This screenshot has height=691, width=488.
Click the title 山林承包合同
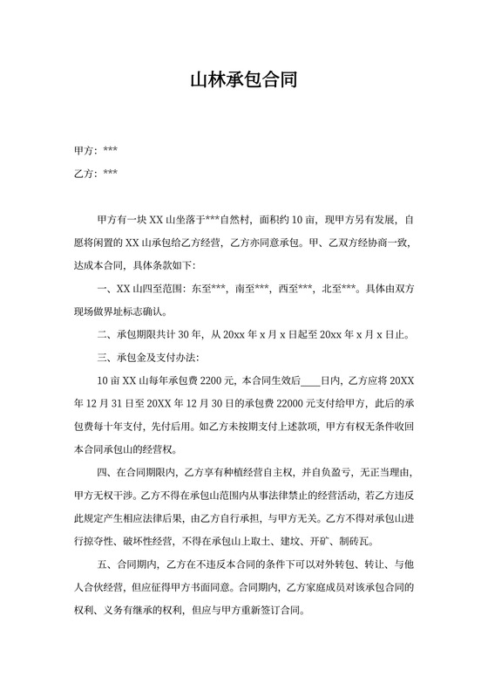[244, 81]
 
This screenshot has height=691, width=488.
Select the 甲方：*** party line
[96, 150]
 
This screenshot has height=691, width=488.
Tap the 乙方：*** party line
[96, 173]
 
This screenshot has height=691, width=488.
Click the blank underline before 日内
[311, 380]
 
